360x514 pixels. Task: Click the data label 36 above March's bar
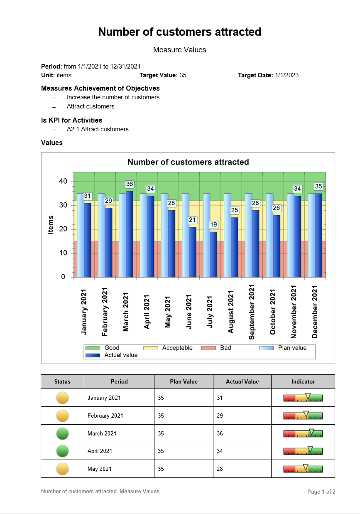[130, 184]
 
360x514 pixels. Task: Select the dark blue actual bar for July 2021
[213, 254]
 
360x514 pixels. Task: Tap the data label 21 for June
[192, 220]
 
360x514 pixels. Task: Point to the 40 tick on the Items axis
[63, 181]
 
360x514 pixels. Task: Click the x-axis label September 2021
[252, 312]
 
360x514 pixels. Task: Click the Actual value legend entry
[121, 355]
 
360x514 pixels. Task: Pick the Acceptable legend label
[177, 348]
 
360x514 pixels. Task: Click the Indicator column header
[303, 381]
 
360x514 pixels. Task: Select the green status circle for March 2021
[63, 433]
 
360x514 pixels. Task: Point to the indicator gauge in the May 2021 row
[303, 469]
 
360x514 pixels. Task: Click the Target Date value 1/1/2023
[287, 75]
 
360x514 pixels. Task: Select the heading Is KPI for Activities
[71, 120]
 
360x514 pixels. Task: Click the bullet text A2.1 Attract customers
[98, 129]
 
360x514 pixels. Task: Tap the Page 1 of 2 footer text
[321, 492]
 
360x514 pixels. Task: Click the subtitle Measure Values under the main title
[180, 50]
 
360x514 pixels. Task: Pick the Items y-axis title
[51, 224]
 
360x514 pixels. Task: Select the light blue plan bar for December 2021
[311, 235]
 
